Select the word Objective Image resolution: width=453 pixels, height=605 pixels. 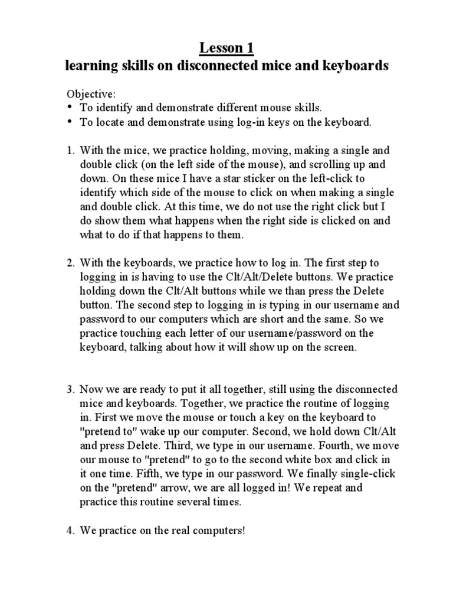point(83,94)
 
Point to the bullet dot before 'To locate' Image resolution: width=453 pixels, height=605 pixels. point(69,122)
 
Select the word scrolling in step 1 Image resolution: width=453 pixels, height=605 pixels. point(308,164)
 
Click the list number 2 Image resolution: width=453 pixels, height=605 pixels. point(69,263)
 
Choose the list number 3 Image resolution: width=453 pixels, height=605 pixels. point(69,389)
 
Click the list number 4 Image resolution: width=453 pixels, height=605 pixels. point(69,531)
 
